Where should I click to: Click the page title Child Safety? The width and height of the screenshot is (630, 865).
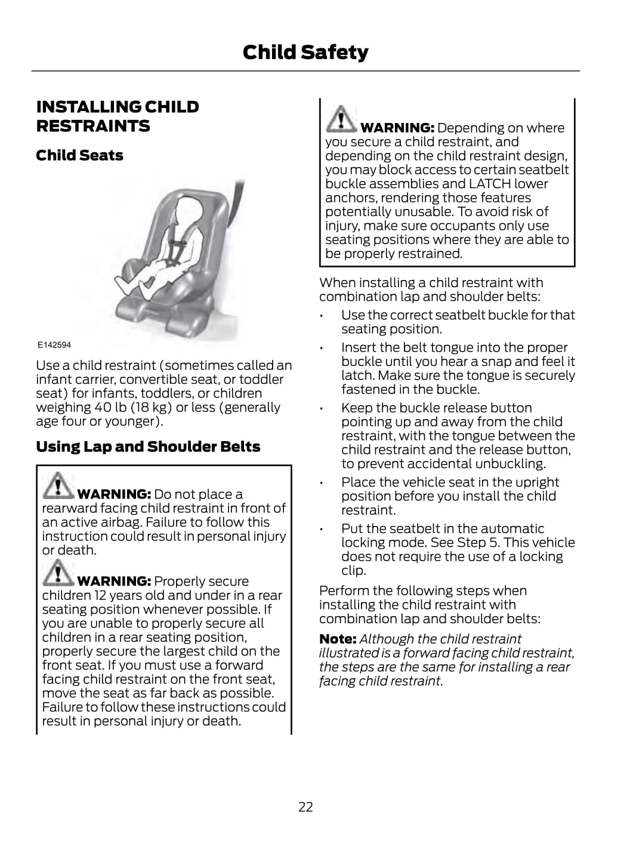click(305, 53)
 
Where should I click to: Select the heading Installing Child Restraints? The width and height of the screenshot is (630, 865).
click(118, 116)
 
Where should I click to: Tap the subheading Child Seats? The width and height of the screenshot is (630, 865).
click(79, 155)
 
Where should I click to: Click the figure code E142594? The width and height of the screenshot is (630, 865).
click(54, 345)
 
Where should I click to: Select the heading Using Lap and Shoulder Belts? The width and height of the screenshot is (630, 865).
click(148, 447)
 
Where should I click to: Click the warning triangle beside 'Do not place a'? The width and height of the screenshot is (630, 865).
click(58, 485)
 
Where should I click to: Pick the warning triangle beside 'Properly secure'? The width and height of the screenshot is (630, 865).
click(58, 572)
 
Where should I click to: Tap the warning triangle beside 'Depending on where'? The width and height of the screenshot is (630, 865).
click(341, 119)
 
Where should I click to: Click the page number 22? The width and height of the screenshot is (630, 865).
click(305, 807)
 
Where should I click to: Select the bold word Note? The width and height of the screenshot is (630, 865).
click(338, 639)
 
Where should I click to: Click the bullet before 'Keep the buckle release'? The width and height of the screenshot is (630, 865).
click(322, 409)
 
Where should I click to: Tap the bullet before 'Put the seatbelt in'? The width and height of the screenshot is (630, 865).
click(322, 530)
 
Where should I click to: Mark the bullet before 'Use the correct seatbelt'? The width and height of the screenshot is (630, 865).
click(322, 316)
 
